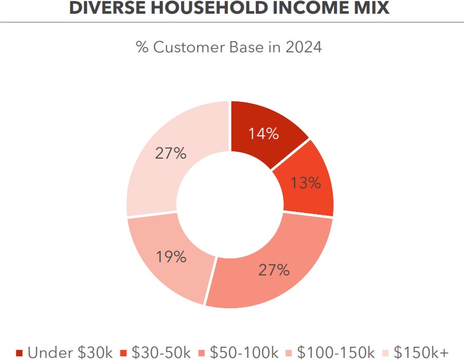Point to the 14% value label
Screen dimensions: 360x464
click(x=264, y=134)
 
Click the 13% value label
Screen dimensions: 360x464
click(x=306, y=183)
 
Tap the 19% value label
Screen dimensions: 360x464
click(x=171, y=257)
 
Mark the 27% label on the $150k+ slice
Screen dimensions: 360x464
click(x=170, y=153)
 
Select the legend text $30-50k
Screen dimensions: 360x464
click(x=161, y=352)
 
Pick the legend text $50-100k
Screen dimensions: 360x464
click(x=244, y=352)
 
